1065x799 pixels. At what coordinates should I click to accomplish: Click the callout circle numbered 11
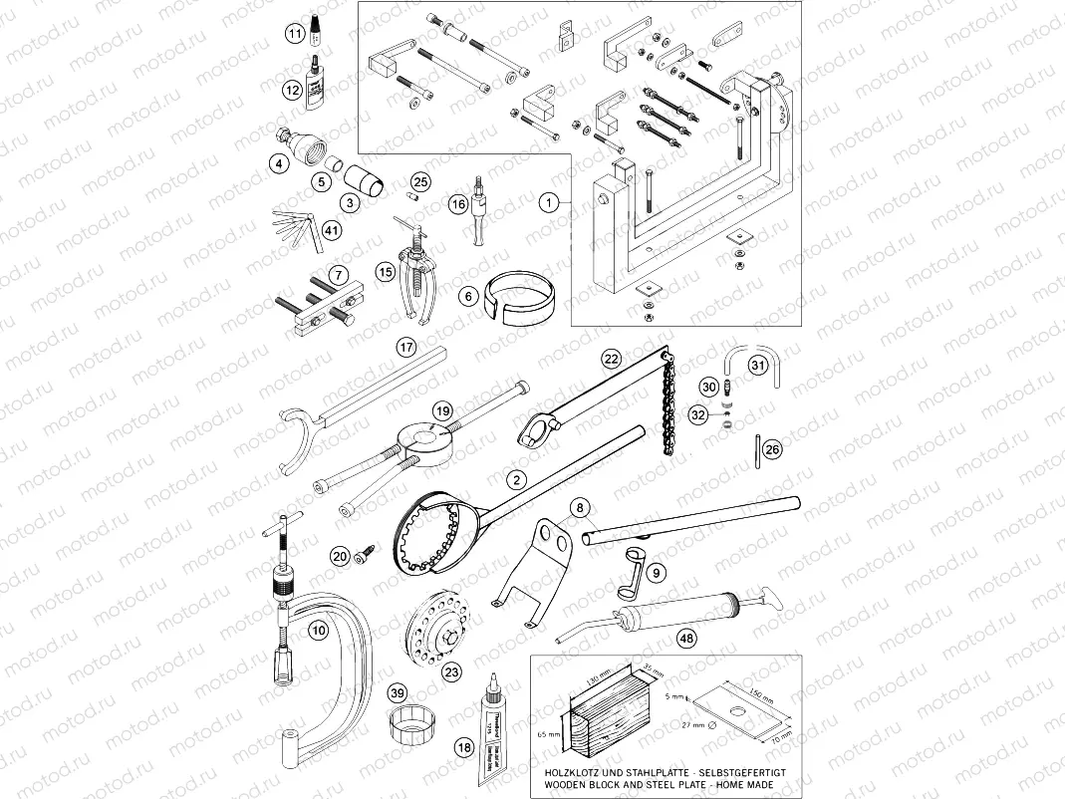295,34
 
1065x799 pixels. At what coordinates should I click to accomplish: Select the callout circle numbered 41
332,230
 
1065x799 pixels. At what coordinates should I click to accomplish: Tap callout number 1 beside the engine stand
548,203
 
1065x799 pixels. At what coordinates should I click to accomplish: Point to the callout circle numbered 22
611,358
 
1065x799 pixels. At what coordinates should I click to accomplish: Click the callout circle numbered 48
686,638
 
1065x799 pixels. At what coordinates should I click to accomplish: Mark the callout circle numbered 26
773,449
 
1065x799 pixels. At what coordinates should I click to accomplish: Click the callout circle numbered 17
404,348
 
